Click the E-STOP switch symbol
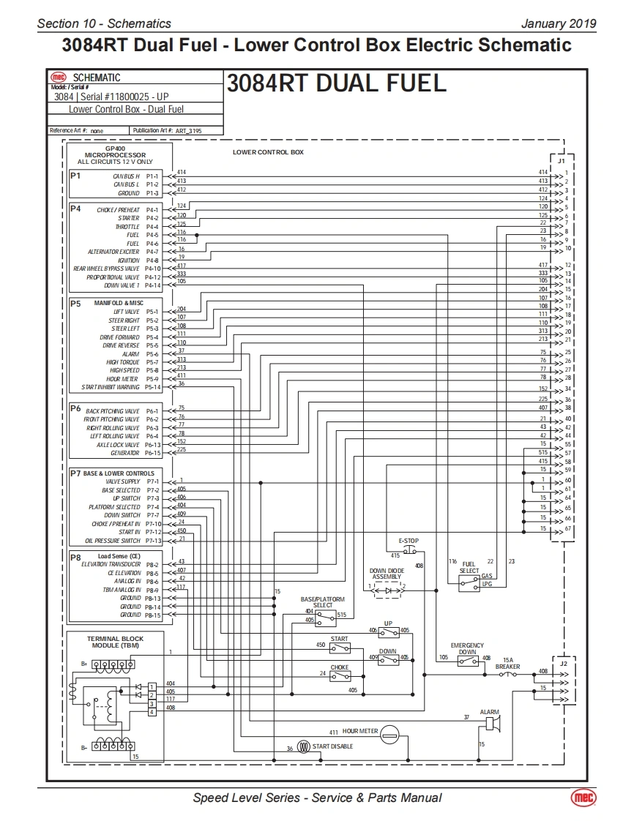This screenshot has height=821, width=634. [x=409, y=550]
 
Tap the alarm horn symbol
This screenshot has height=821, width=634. [x=493, y=724]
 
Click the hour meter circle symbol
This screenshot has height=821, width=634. [x=389, y=732]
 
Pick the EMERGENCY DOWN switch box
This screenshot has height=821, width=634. [x=468, y=660]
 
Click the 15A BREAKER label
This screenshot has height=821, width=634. [x=507, y=664]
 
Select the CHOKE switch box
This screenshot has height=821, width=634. [x=340, y=676]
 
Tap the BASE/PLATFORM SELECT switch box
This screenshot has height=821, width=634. [x=325, y=618]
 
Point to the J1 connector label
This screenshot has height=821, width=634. [x=561, y=160]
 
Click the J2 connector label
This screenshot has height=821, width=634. [x=562, y=664]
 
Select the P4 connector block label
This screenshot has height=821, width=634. [x=75, y=208]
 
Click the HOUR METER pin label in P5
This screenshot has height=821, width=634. [x=122, y=379]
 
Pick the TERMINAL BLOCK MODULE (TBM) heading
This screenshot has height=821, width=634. [x=116, y=642]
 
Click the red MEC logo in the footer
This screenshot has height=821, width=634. [x=583, y=797]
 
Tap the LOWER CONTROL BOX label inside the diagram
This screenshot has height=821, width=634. [x=268, y=152]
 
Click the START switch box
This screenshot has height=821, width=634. [x=340, y=648]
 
